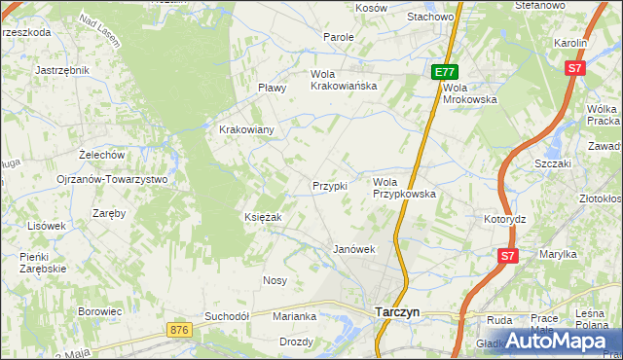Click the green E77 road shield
click(445, 72)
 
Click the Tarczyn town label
click(397, 312)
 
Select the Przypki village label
click(329, 186)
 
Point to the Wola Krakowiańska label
click(343, 80)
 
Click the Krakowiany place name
click(246, 129)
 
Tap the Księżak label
click(263, 217)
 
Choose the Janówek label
click(354, 249)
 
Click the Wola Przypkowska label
click(404, 188)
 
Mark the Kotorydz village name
click(504, 219)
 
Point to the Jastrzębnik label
click(61, 70)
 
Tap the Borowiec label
click(99, 311)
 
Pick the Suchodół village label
click(228, 316)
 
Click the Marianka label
click(295, 316)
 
